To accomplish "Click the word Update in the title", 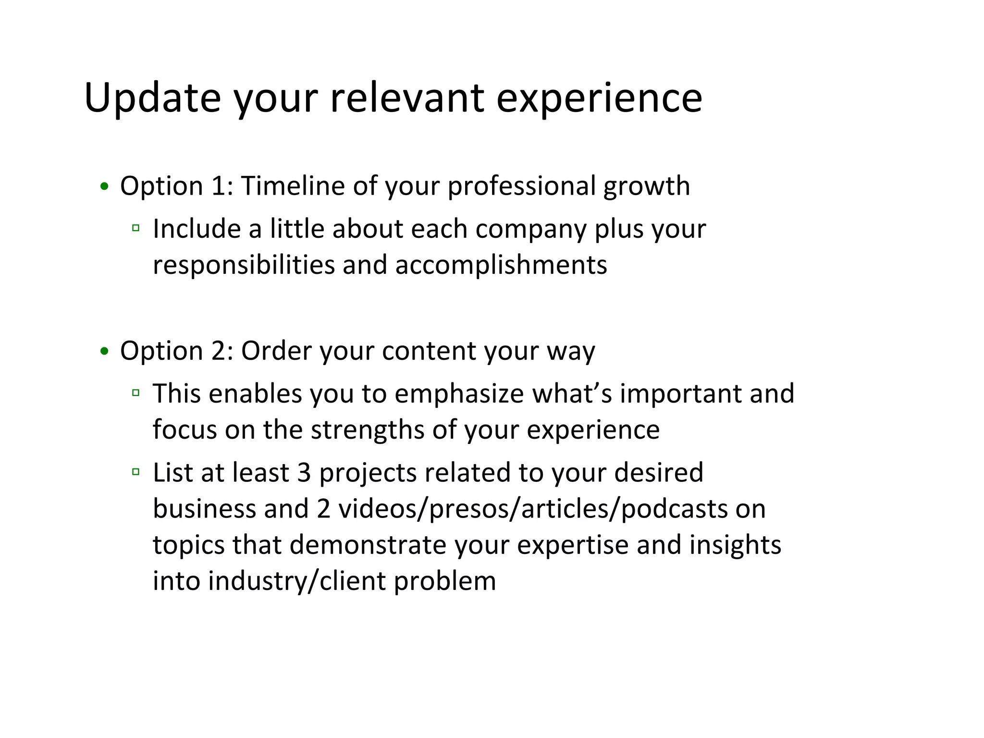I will (x=152, y=98).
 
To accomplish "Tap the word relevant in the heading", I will (x=406, y=98).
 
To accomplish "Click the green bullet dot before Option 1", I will (x=104, y=186).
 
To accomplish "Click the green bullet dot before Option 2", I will (x=104, y=351).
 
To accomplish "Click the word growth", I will (x=646, y=187).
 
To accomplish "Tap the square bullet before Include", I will (x=136, y=228).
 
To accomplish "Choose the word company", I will (x=531, y=229).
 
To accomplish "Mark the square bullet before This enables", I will (x=136, y=393).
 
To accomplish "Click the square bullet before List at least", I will (x=136, y=472).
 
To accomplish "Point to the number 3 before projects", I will (x=304, y=473).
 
